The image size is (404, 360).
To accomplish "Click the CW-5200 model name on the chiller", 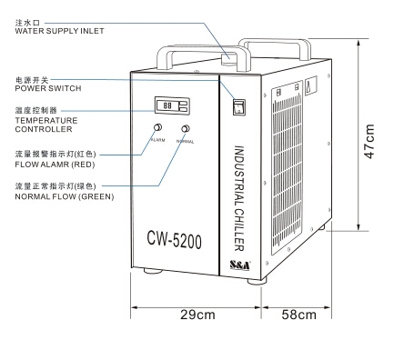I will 174,241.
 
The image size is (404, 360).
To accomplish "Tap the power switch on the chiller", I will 239,105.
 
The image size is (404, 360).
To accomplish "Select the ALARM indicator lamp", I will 157,127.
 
